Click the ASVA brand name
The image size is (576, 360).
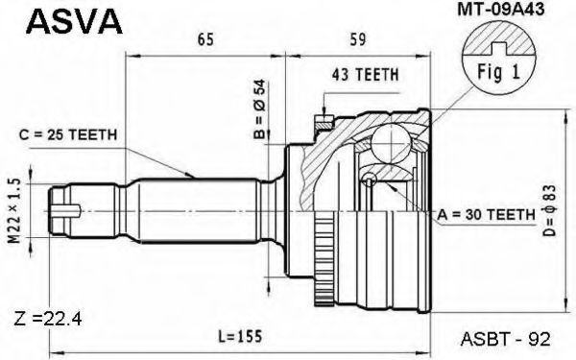click(x=74, y=22)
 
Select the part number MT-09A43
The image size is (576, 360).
click(x=501, y=10)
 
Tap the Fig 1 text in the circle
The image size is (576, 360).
click(x=498, y=72)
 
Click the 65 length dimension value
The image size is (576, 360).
click(x=205, y=39)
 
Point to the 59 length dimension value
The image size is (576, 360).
click(x=357, y=39)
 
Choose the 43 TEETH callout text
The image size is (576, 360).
click(x=365, y=75)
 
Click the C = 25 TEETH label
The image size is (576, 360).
click(x=68, y=134)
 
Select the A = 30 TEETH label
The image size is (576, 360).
click(x=486, y=214)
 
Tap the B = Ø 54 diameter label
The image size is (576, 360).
click(x=260, y=109)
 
